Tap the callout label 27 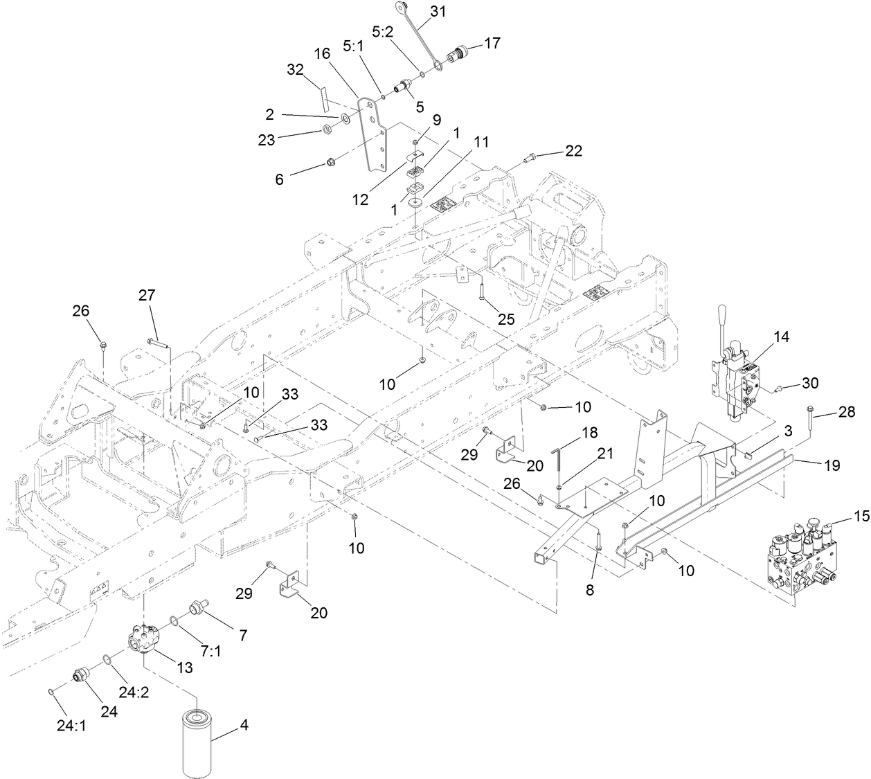[x=146, y=296]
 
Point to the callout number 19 [x=832, y=465]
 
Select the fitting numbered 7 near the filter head [x=197, y=609]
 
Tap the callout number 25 [x=507, y=319]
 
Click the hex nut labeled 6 [x=331, y=164]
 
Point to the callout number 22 [x=573, y=150]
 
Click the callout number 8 [x=590, y=591]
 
